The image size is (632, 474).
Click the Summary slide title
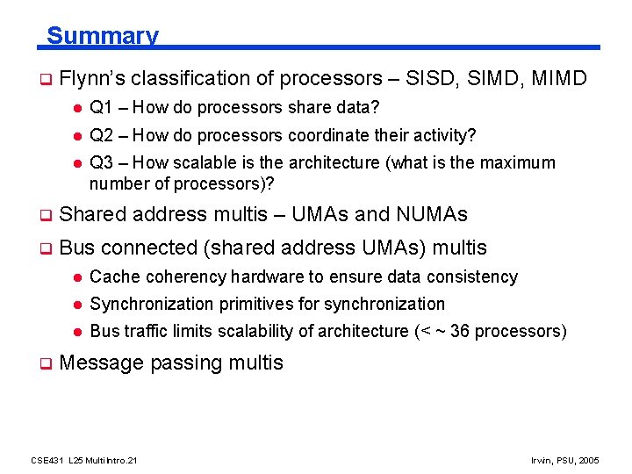(102, 36)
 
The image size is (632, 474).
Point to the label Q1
(101, 108)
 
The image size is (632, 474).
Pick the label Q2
(101, 136)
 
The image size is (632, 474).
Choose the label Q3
(101, 163)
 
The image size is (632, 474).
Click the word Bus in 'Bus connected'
(75, 248)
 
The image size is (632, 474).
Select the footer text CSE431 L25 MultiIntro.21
(83, 460)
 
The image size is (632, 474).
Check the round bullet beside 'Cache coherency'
(76, 277)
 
